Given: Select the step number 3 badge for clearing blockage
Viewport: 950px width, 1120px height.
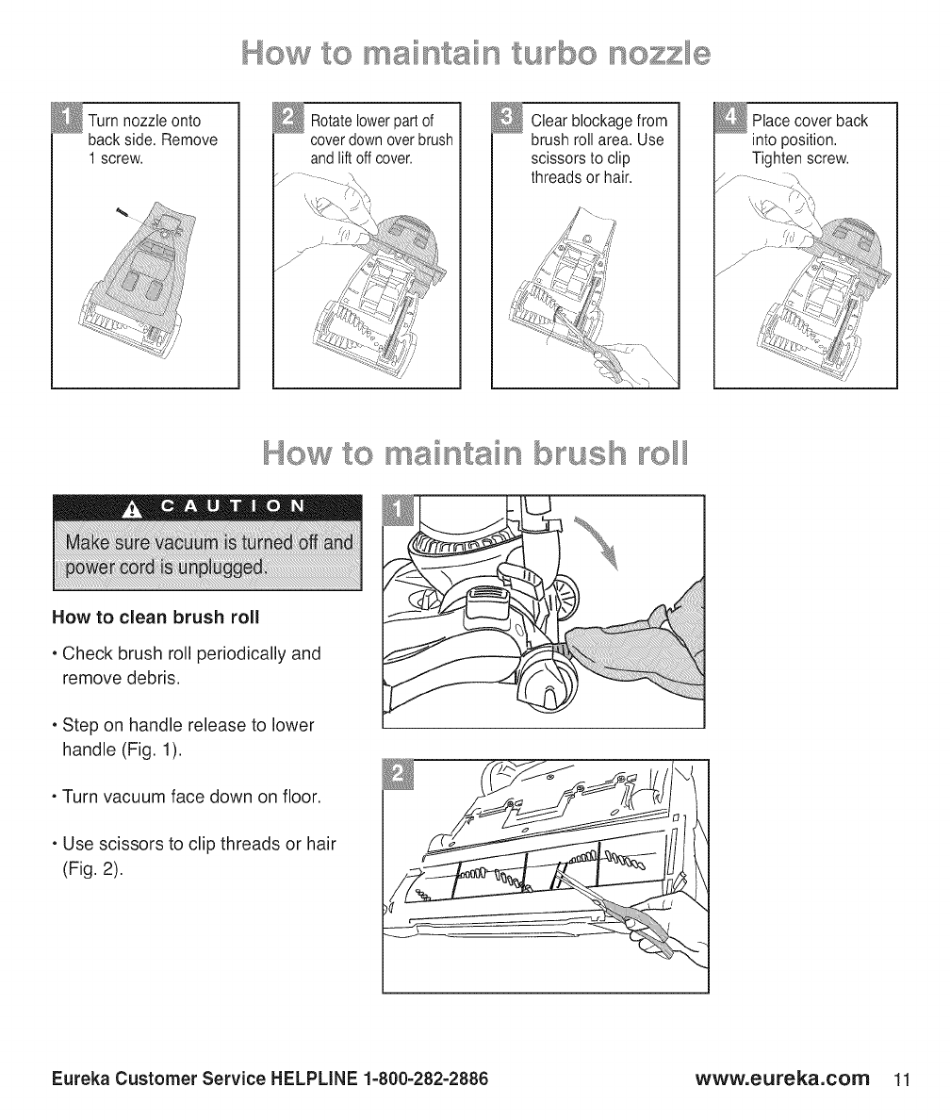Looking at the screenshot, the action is [x=506, y=121].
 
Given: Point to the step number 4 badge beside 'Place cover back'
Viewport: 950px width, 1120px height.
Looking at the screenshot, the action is [x=729, y=121].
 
